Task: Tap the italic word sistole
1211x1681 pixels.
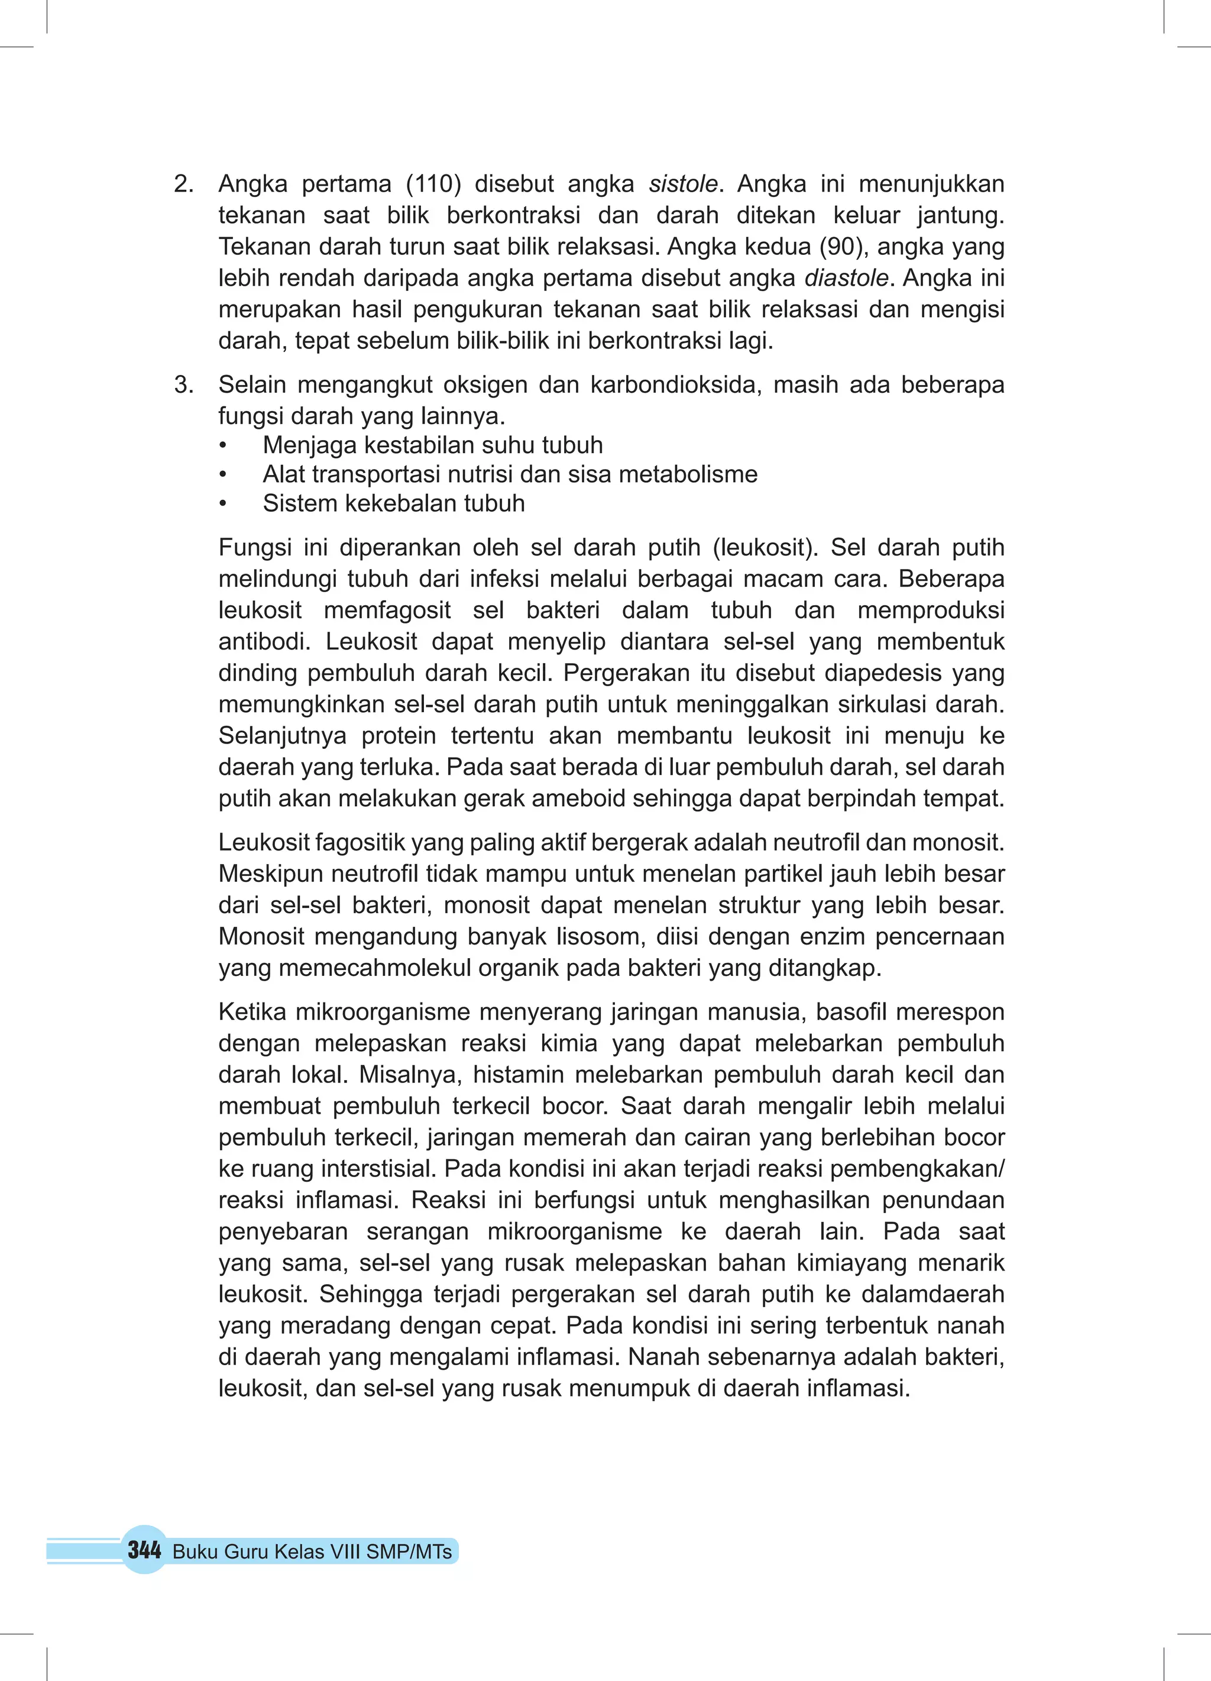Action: point(682,184)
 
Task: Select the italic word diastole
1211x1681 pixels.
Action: point(846,278)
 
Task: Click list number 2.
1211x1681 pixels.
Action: point(184,184)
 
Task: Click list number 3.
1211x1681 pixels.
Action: point(184,384)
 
